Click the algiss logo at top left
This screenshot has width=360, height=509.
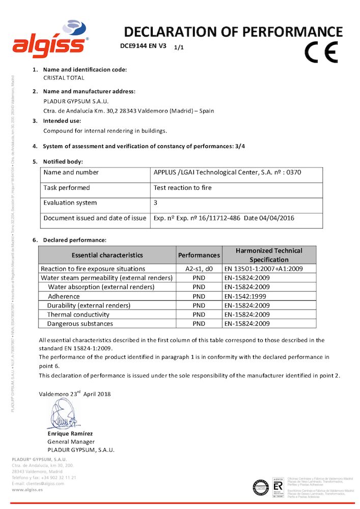50,39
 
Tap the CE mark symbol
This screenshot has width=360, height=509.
321,52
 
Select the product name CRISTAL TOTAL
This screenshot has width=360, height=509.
64,78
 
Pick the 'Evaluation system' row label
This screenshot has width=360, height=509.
70,203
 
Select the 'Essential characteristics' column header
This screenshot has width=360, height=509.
107,255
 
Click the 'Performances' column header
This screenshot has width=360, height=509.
199,255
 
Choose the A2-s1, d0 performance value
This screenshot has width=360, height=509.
199,269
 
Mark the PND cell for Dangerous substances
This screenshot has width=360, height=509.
199,324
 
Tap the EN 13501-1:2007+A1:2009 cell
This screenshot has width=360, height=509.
263,269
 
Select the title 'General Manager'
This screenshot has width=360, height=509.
71,442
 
